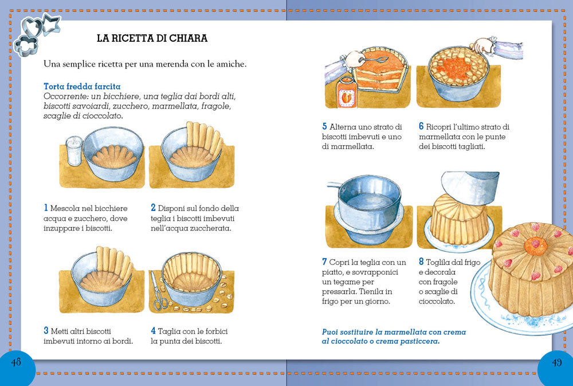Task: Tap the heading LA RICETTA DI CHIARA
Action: pos(152,38)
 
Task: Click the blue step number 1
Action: pos(46,208)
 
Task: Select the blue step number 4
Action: pos(153,331)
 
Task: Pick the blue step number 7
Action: pos(324,262)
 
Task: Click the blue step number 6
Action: pos(421,127)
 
